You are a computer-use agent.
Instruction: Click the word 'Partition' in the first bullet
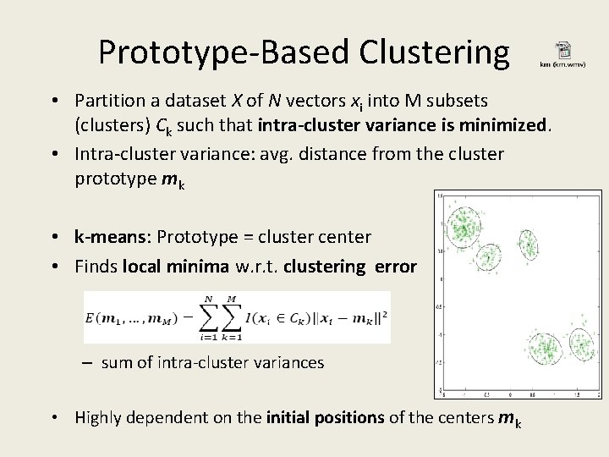107,102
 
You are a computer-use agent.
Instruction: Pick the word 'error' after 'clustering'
394,267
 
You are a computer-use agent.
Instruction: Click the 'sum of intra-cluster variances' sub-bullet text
211,362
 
